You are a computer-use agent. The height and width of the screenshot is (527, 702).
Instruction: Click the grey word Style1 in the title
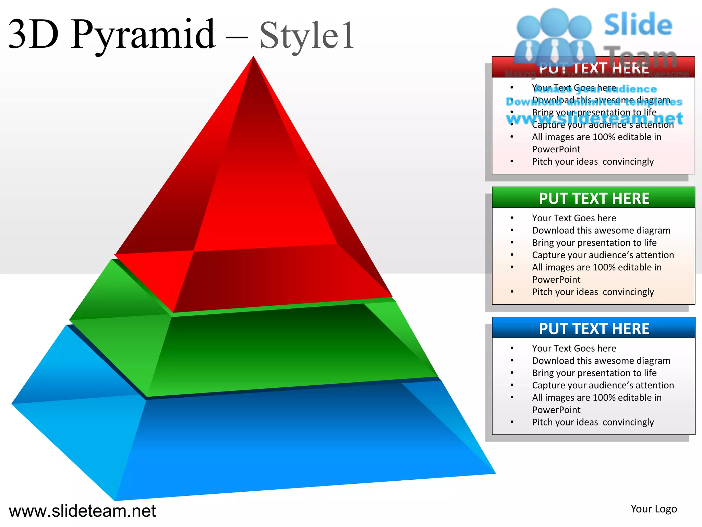click(307, 36)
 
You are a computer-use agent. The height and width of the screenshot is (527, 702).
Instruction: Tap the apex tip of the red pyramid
click(254, 57)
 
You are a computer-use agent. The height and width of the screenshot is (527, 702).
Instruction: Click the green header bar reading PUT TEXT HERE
click(593, 198)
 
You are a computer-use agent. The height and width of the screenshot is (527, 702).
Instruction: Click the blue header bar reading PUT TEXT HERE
click(593, 328)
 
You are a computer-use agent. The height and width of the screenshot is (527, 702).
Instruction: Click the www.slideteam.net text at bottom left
click(82, 511)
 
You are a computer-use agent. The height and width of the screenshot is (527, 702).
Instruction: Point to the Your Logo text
click(654, 509)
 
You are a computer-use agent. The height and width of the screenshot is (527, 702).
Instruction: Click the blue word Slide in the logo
click(638, 25)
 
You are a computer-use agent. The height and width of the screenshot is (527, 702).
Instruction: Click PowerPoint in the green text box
click(556, 280)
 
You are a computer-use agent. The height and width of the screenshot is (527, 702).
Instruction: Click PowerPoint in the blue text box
click(556, 410)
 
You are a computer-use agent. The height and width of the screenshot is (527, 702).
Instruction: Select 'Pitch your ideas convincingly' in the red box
click(593, 162)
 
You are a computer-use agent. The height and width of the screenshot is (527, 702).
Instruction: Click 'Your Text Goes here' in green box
click(574, 218)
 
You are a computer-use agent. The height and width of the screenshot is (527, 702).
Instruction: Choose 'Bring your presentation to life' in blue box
click(594, 373)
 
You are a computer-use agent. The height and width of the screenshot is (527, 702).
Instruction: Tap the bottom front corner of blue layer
click(115, 500)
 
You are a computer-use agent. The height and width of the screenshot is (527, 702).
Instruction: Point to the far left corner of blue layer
click(12, 404)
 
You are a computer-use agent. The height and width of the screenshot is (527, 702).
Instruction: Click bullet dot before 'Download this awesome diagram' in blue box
click(512, 361)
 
